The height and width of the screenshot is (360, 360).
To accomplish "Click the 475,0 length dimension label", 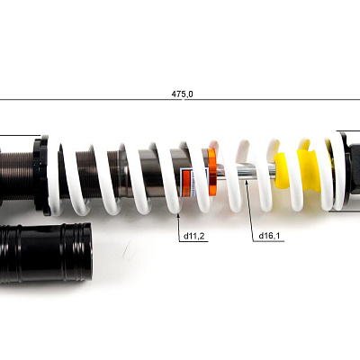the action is [x=182, y=94].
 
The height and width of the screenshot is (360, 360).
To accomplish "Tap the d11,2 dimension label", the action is [x=193, y=236].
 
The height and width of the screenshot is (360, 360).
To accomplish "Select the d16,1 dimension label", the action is [x=269, y=236].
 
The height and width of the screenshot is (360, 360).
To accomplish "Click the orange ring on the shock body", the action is [x=212, y=172].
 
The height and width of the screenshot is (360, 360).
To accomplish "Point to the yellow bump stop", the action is [x=297, y=171].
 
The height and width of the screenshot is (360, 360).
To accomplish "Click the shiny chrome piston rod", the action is [x=246, y=173].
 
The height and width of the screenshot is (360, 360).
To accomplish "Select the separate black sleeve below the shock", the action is [x=46, y=252].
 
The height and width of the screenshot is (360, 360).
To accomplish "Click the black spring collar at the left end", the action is [x=41, y=175].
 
